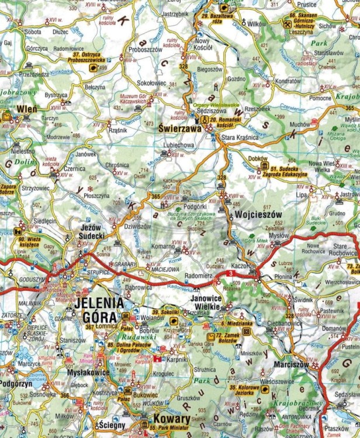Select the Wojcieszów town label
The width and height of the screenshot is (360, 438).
[x=258, y=215]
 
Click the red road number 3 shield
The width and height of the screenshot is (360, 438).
[x=231, y=273]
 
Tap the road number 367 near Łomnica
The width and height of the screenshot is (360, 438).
[x=89, y=326]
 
